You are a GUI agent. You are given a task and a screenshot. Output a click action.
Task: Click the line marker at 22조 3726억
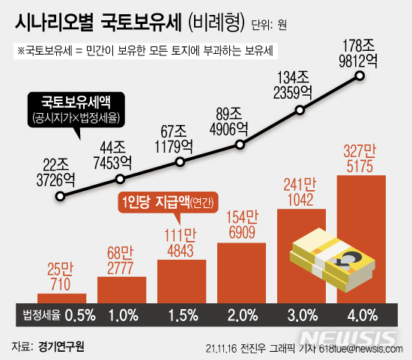coord(61,197)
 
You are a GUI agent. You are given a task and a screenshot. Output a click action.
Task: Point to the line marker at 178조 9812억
coord(361,76)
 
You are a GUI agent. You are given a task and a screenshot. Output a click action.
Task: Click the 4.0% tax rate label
coord(362,314)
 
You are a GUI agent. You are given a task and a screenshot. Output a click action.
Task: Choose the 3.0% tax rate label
coord(302,314)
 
